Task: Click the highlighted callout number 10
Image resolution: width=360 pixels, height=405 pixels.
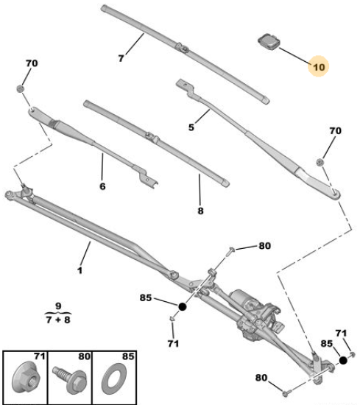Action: pos(319,67)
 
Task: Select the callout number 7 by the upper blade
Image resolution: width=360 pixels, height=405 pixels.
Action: pos(121,58)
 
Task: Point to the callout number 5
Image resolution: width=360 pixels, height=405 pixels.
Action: pos(191,127)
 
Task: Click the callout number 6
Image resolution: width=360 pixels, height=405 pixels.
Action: pos(102,186)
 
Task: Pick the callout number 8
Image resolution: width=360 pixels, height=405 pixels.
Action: pos(201,211)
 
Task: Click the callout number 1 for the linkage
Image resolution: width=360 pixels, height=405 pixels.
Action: pos(80,270)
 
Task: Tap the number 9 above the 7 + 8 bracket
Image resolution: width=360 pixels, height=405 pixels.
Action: pos(58,306)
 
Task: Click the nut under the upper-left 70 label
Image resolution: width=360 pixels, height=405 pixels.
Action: pos(20,88)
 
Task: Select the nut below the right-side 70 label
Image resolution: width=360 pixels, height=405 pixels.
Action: pos(320,162)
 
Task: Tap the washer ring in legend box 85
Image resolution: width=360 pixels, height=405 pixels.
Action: pos(113,378)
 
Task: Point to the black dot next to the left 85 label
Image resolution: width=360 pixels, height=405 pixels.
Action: pos(183,307)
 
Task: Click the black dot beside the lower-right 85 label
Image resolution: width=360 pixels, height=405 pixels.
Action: pos(343,360)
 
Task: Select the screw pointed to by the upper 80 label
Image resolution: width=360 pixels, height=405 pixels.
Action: pos(230,251)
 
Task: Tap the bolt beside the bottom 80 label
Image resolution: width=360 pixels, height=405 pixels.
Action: pos(286,393)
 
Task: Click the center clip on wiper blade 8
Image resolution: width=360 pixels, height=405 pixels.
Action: pos(152,137)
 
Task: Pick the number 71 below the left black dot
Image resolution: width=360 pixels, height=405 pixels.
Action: pos(173,344)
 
